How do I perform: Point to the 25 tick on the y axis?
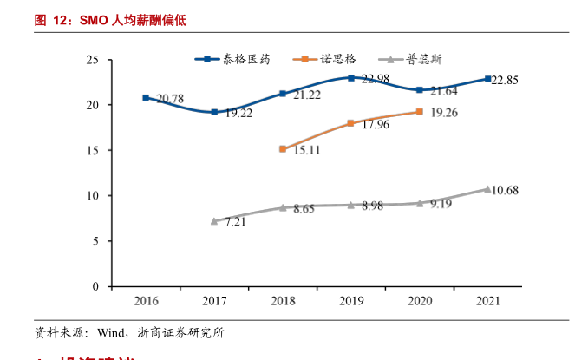(x=93, y=60)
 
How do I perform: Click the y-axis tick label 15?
(x=93, y=150)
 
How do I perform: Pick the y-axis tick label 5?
(x=95, y=240)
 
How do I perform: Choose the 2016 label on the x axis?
(x=146, y=301)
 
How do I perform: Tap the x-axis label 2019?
(x=351, y=301)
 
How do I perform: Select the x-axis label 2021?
(x=487, y=301)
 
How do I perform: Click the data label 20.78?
(x=170, y=99)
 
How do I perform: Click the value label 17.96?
(x=375, y=125)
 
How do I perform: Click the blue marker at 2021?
(x=487, y=79)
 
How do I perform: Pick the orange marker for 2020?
(x=420, y=112)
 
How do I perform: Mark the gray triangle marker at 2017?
(x=214, y=221)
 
